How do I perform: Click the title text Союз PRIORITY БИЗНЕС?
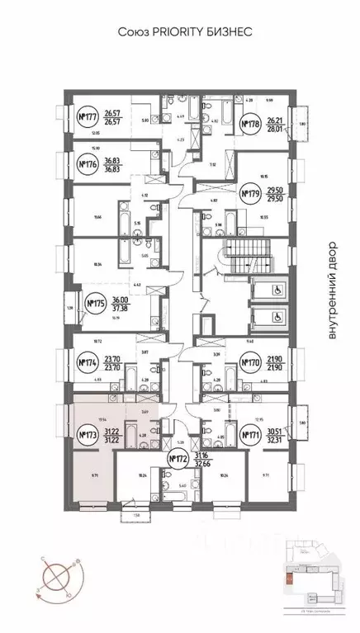pos(179,31)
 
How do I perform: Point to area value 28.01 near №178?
pos(277,129)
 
